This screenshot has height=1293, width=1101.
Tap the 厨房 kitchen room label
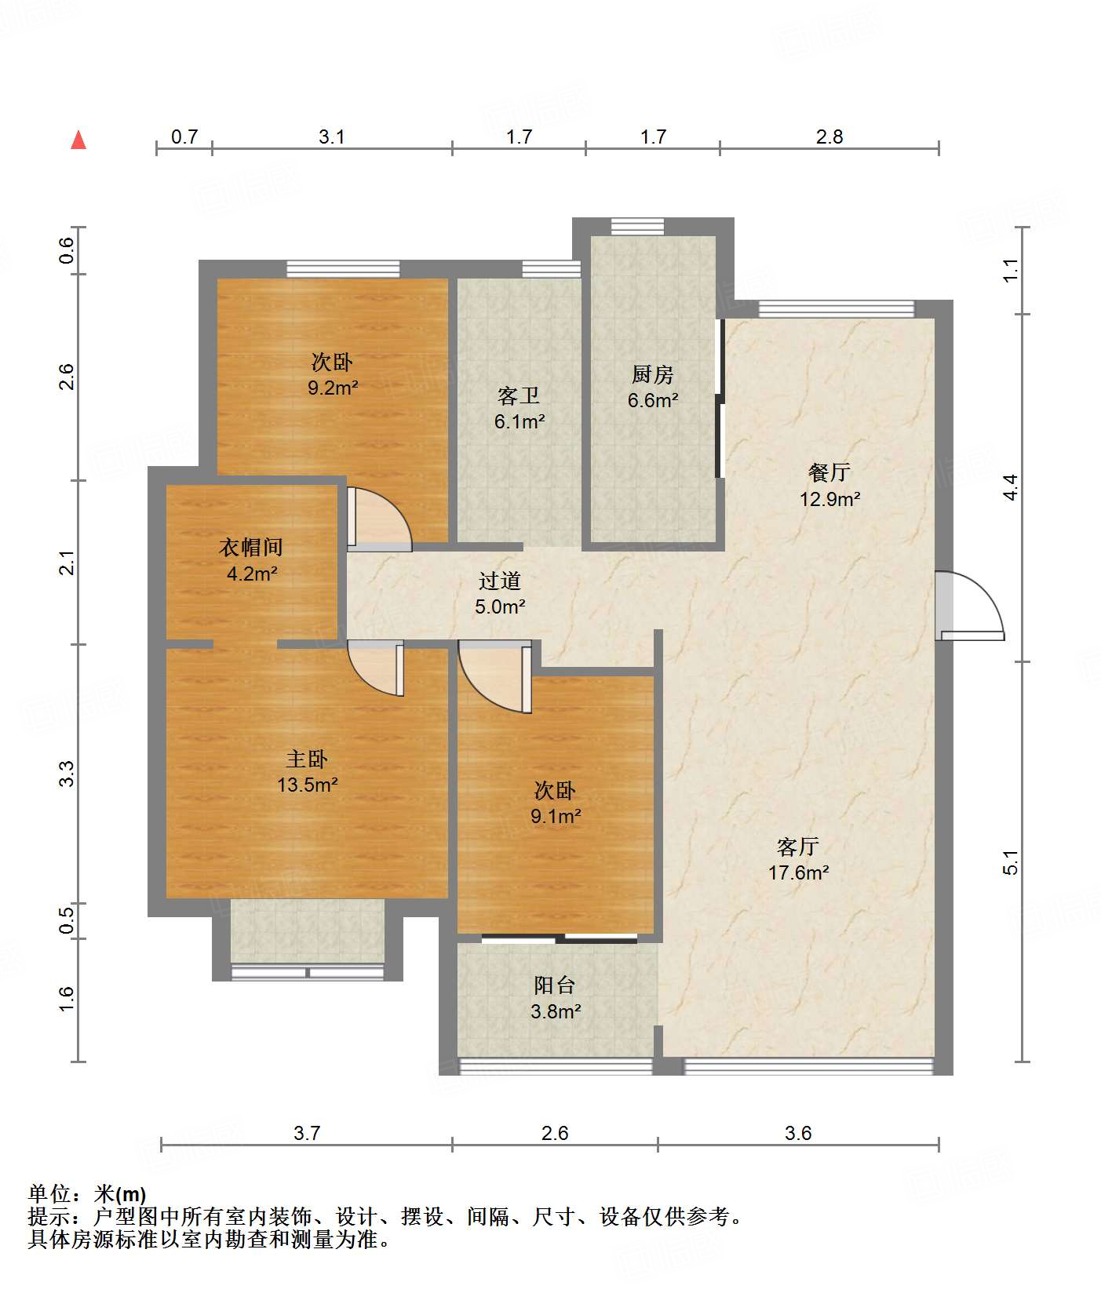click(653, 374)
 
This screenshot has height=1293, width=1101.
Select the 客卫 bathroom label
click(519, 396)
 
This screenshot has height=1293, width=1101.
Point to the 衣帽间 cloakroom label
click(251, 547)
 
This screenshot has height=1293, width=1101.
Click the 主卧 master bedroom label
click(307, 759)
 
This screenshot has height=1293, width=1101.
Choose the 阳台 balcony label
click(555, 985)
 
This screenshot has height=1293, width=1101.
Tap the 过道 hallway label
click(500, 581)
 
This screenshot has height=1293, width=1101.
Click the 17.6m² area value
click(799, 872)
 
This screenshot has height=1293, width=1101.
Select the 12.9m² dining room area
click(830, 499)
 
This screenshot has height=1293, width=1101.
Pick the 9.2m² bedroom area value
click(333, 388)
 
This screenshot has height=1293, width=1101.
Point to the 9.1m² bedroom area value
click(556, 817)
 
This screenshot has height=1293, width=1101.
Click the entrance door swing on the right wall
click(971, 605)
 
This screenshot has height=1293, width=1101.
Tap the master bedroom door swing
click(376, 668)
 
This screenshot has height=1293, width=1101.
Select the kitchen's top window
click(637, 226)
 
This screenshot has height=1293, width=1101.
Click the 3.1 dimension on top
click(332, 137)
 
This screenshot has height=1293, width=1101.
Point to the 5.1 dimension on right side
click(1011, 862)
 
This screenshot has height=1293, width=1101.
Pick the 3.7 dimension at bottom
click(307, 1133)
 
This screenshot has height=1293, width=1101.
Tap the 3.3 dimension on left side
click(67, 774)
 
